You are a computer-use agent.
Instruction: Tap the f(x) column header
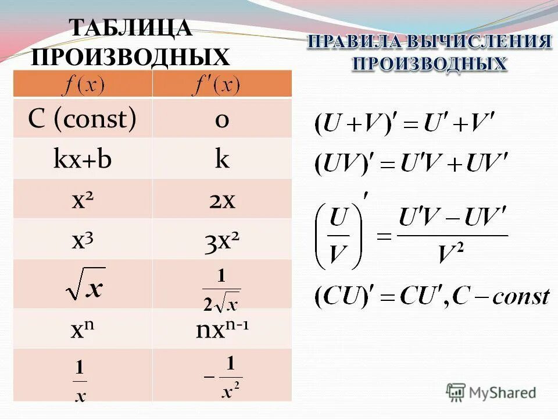click(x=83, y=86)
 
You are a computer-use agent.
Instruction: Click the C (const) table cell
click(x=83, y=119)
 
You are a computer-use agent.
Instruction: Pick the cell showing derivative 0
click(x=221, y=119)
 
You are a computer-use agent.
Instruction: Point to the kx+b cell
click(x=83, y=160)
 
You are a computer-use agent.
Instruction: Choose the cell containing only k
click(x=221, y=159)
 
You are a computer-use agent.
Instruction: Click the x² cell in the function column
click(x=84, y=200)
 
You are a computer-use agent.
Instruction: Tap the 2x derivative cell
click(x=222, y=200)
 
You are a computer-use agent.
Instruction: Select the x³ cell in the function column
click(x=84, y=240)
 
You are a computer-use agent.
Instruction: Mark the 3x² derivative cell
click(x=222, y=240)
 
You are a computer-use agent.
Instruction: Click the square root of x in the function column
click(x=85, y=283)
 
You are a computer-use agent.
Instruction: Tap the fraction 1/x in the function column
click(x=81, y=381)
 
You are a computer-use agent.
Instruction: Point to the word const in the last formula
click(x=521, y=297)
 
